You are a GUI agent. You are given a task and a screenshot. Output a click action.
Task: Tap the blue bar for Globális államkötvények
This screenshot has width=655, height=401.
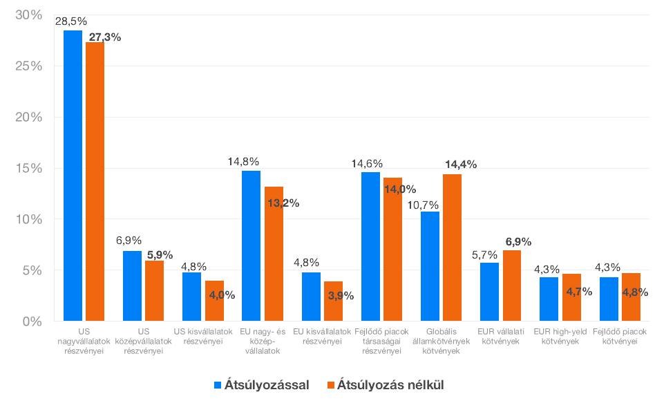(430, 266)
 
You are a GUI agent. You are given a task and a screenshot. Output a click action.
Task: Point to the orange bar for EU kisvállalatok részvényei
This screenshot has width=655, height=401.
(333, 301)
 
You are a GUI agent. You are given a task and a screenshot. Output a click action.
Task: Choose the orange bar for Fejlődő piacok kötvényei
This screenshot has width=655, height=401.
(631, 297)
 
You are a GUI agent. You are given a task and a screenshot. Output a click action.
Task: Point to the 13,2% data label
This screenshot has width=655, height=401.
(282, 203)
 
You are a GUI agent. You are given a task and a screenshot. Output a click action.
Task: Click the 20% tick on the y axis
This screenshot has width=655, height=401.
(28, 118)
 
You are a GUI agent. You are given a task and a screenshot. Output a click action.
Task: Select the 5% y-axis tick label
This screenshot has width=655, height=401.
(32, 270)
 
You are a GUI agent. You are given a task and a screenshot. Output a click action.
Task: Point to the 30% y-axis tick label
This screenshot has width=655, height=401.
(28, 15)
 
